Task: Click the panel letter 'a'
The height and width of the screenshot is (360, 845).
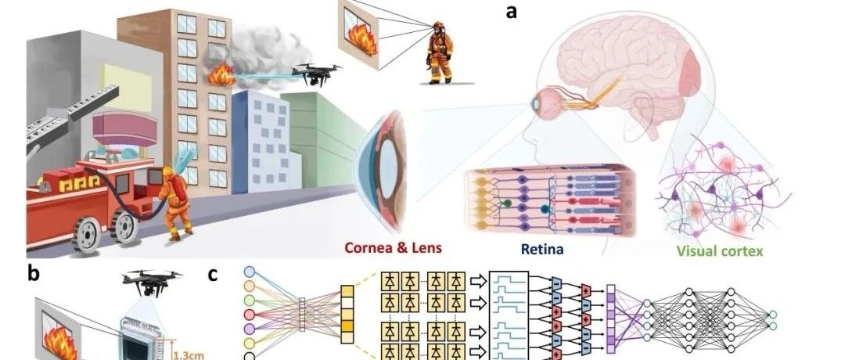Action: tap(512, 13)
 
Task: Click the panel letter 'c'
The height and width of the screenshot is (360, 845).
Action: tap(213, 275)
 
